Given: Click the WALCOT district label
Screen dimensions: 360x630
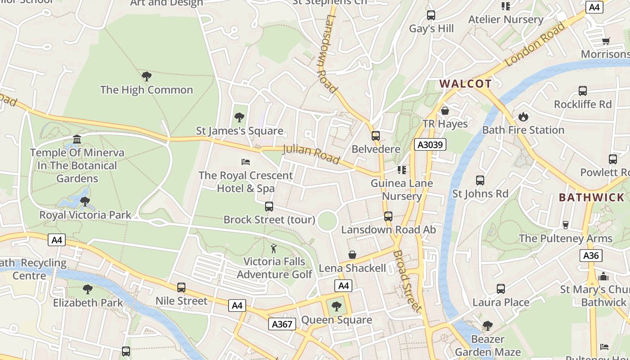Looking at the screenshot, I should coord(465,84).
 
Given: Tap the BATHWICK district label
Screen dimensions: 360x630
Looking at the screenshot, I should coord(591,198).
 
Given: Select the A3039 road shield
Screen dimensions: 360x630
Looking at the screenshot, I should coord(430,144).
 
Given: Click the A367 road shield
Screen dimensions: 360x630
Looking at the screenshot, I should coord(282,324).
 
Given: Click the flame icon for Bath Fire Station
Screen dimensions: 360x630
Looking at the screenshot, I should coord(523,117).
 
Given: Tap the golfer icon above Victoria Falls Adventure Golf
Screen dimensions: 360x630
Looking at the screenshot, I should coord(274,248).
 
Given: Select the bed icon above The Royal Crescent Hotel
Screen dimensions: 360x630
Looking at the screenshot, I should coord(246,162).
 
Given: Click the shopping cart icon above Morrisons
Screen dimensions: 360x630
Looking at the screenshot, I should coord(606,41).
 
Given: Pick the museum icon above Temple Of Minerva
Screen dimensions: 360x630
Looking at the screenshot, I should coord(77,139).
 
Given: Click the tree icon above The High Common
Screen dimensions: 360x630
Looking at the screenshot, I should coord(146,76).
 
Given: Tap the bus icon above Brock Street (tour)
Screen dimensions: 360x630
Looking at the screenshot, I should coord(269,207).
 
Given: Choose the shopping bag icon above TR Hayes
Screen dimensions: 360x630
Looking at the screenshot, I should coord(445,111).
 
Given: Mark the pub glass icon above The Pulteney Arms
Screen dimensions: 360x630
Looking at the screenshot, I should coord(566,225).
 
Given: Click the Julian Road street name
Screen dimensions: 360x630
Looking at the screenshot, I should coord(311,154).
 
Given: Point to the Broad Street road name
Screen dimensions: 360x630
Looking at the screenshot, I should coord(407,281).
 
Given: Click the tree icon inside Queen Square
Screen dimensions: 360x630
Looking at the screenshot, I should coord(336,307).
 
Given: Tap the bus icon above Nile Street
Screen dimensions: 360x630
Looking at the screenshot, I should coord(181,288).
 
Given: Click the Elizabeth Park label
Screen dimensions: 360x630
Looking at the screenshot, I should coord(88,303).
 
